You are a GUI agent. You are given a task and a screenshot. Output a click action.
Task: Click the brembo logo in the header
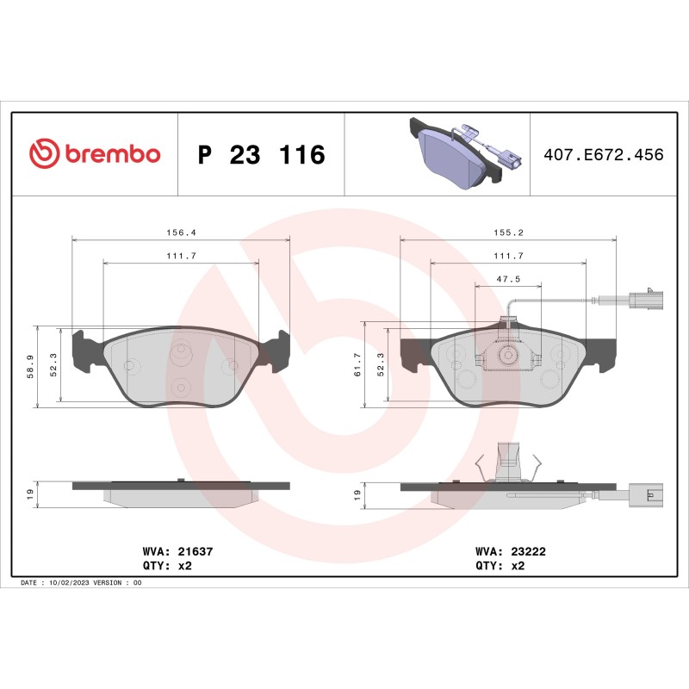[x=95, y=154]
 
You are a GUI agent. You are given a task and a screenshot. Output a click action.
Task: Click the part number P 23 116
[x=262, y=155]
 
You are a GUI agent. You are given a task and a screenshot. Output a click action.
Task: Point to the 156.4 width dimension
[x=180, y=233]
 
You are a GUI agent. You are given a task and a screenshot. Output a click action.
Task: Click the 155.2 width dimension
[x=509, y=233]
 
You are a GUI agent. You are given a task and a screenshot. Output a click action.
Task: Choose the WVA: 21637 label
[x=171, y=549]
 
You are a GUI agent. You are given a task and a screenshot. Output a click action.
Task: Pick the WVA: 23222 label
[x=500, y=549]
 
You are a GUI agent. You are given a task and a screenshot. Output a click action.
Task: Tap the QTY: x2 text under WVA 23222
[x=500, y=566]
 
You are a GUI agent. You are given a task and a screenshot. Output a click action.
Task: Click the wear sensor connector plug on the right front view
[x=645, y=301]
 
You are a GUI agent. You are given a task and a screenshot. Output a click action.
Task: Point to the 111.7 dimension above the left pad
[x=180, y=256]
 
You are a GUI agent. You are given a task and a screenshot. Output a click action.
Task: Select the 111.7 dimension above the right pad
[x=509, y=256]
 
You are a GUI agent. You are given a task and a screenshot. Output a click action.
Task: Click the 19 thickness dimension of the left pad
[x=31, y=494]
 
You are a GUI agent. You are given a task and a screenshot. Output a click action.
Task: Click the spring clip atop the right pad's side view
[x=508, y=462]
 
